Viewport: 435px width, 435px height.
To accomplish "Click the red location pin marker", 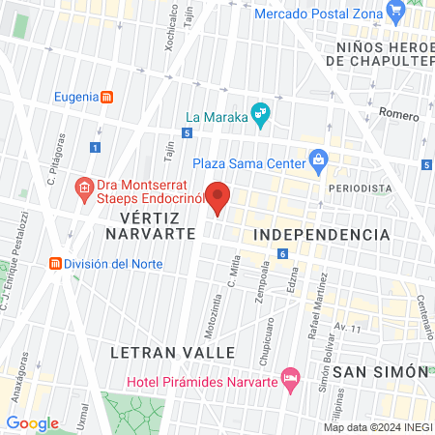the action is (217, 197).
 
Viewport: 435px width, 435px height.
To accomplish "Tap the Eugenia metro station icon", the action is (107, 97).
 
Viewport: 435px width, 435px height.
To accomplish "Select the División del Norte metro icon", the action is (56, 263).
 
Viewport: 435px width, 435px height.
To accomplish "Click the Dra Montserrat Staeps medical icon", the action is (85, 187).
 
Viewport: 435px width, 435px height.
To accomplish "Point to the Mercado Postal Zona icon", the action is (394, 12).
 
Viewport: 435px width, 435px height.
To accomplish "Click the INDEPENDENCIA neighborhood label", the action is (321, 235).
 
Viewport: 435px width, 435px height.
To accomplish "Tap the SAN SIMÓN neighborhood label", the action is (379, 371).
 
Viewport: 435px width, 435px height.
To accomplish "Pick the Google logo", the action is (32, 423).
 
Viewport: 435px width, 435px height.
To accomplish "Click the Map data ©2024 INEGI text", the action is (376, 427).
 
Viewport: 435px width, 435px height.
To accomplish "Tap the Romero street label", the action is (398, 113).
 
